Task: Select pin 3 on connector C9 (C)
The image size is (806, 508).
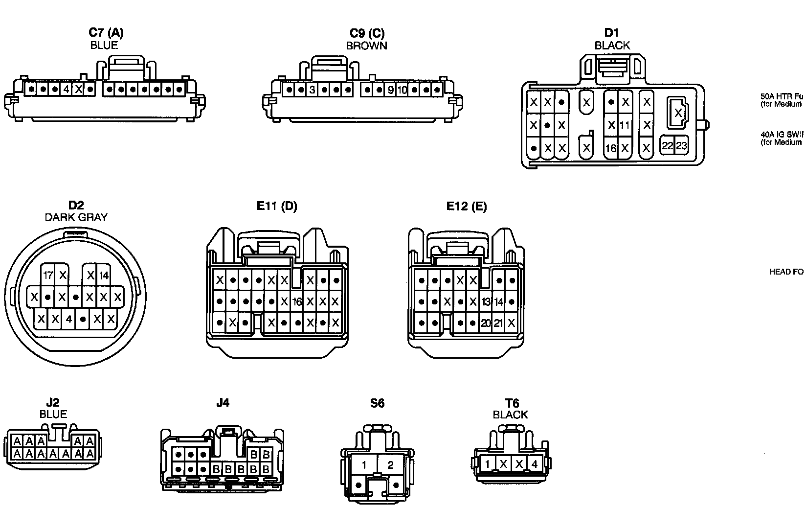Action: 312,90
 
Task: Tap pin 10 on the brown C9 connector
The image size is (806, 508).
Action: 402,90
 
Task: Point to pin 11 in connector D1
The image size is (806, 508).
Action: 625,125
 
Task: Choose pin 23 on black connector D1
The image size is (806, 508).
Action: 681,145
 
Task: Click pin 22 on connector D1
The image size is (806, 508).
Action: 668,145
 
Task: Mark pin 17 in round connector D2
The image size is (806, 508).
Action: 48,275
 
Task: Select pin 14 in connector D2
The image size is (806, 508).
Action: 104,275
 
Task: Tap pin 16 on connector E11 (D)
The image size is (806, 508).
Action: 297,301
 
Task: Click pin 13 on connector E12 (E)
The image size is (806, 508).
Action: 486,301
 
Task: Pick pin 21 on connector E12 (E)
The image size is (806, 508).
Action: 498,323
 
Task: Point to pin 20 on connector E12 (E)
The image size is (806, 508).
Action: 486,323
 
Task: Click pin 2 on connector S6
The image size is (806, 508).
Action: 390,465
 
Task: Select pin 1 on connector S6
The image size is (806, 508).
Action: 364,465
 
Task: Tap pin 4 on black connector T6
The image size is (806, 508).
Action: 535,464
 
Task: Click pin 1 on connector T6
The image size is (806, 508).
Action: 487,464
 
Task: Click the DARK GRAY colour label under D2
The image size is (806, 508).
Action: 76,217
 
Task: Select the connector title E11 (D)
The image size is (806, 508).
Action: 277,206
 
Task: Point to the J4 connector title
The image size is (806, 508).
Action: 223,403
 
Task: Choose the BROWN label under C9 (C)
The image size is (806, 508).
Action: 367,46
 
